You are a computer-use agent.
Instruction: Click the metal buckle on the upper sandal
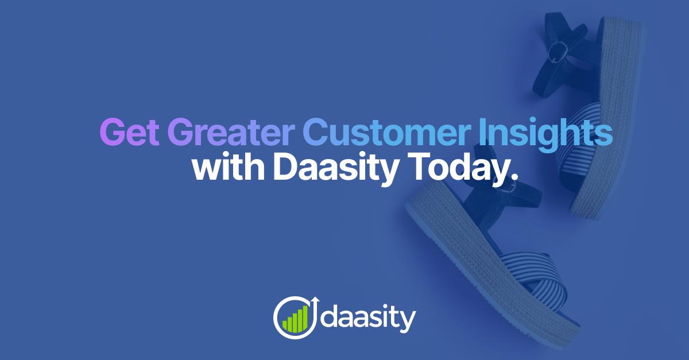pyautogui.click(x=556, y=52)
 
